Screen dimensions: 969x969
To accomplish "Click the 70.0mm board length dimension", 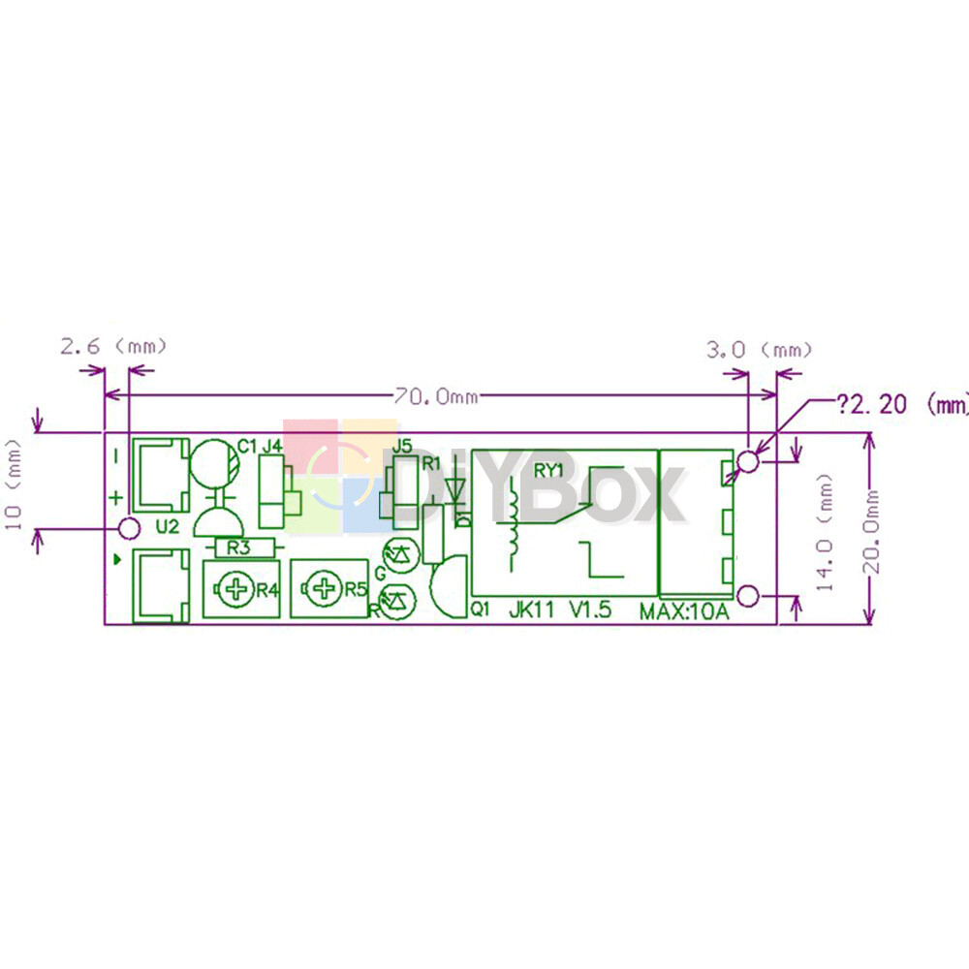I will pyautogui.click(x=438, y=395).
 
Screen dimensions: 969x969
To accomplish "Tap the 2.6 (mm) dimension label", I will pyautogui.click(x=113, y=346).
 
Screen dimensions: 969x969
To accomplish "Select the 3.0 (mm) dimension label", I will pyautogui.click(x=759, y=350).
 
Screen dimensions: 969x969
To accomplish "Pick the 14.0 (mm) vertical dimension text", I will pyautogui.click(x=826, y=532).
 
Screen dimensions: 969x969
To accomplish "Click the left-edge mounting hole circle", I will pyautogui.click(x=127, y=528).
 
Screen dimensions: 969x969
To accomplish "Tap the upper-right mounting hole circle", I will pyautogui.click(x=749, y=460).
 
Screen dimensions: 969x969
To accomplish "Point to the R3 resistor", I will pyautogui.click(x=238, y=547).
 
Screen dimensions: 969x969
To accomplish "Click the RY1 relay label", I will pyautogui.click(x=549, y=471).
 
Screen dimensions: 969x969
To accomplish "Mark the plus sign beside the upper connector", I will pyautogui.click(x=115, y=497).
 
